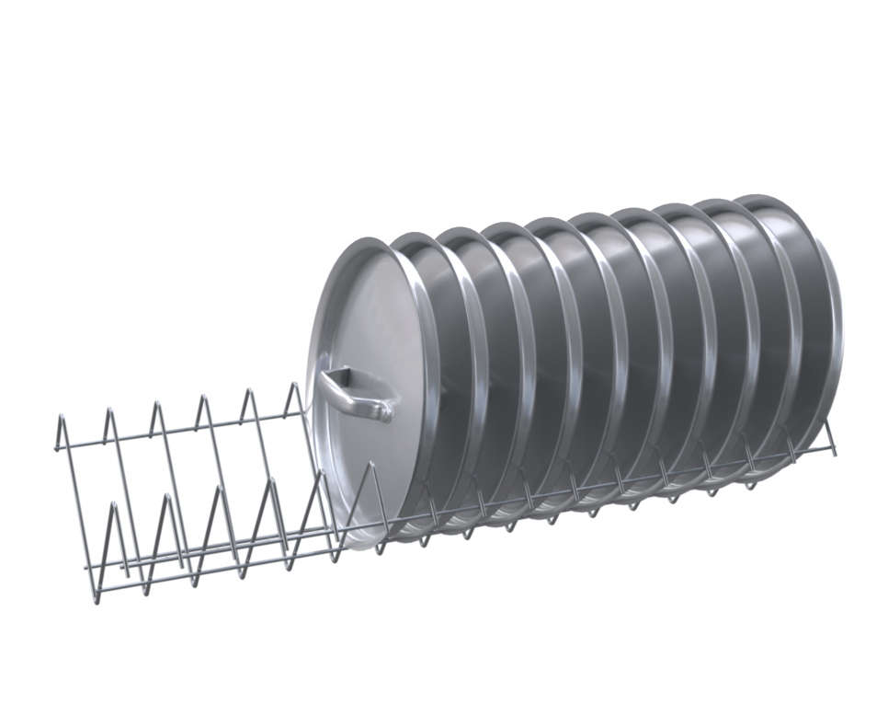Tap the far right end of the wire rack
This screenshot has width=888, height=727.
pos(834,451)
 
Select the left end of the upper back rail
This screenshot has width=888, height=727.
pos(55,448)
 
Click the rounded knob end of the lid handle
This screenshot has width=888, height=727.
pos(384,410)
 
